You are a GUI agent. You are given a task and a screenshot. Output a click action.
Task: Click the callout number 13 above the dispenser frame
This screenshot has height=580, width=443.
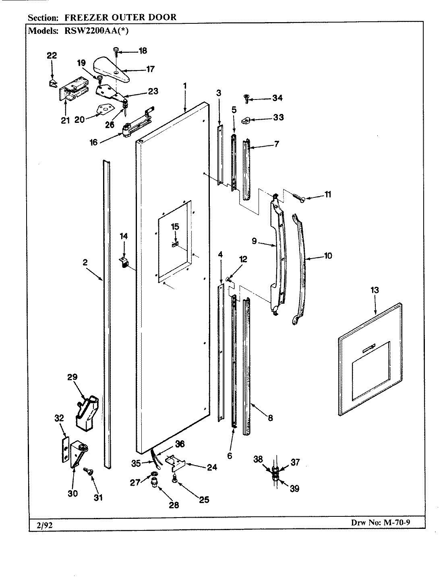375,290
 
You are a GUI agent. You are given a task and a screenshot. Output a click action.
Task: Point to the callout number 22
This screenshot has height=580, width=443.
52,56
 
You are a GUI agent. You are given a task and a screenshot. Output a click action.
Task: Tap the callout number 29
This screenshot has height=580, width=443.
72,377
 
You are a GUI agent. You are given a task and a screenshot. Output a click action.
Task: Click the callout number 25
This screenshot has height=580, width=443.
204,500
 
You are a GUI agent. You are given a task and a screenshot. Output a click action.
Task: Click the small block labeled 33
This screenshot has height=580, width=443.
246,120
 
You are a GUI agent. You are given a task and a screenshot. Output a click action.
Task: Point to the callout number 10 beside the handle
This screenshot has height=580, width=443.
328,256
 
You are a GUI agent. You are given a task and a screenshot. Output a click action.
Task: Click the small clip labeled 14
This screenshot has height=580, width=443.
124,263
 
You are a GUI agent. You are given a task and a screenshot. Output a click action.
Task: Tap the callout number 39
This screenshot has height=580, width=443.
294,489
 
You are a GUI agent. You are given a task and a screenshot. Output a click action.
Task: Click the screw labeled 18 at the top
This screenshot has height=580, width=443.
116,51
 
